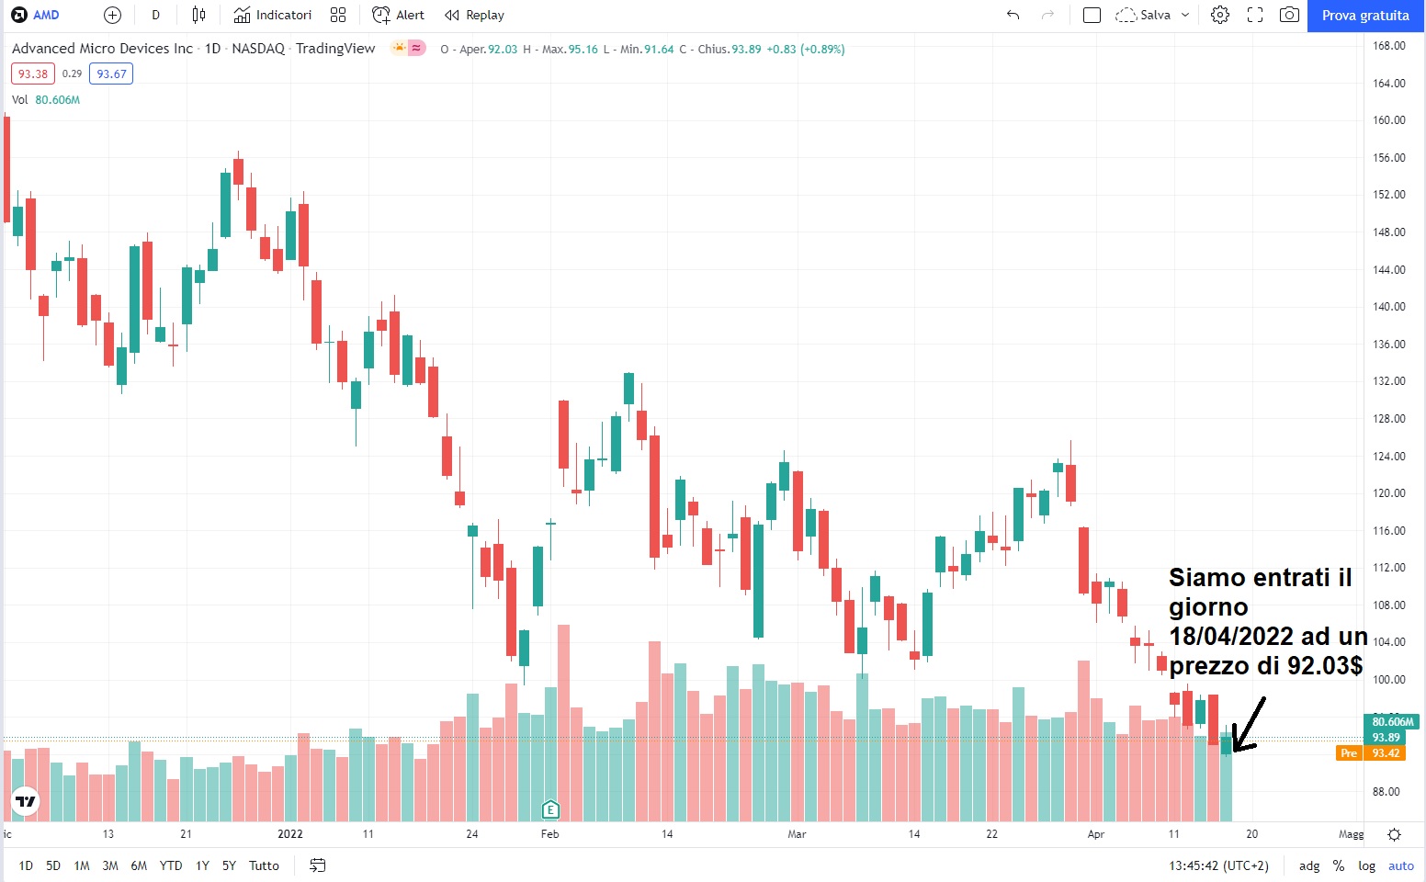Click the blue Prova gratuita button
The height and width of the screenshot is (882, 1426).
tap(1364, 16)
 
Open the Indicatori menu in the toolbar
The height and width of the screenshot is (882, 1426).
tap(273, 16)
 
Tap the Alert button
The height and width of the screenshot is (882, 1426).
tap(399, 16)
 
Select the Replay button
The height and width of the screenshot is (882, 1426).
tap(474, 16)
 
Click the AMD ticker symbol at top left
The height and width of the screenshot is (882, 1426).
tap(46, 16)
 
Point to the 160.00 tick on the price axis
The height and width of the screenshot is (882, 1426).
tap(1388, 120)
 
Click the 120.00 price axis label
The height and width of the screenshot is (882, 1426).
tap(1388, 493)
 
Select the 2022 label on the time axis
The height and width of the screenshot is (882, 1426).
tap(290, 834)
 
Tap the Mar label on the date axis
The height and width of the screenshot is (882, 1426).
tap(797, 834)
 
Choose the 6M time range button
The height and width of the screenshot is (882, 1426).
tap(139, 865)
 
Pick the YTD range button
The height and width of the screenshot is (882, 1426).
tap(171, 865)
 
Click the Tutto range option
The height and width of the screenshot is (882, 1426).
tap(264, 865)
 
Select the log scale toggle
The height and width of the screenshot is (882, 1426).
tap(1367, 865)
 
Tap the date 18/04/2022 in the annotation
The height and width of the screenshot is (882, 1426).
tap(1231, 637)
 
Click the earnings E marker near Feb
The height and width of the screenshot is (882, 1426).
tap(550, 809)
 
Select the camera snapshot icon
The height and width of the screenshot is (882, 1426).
tap(1290, 16)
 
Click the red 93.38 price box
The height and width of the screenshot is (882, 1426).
tap(33, 74)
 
